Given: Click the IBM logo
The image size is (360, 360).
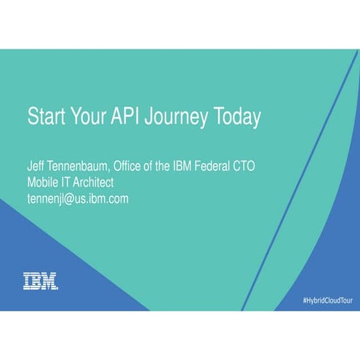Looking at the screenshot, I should [41, 281].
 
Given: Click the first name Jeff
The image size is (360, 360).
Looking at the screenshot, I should [36, 167].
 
